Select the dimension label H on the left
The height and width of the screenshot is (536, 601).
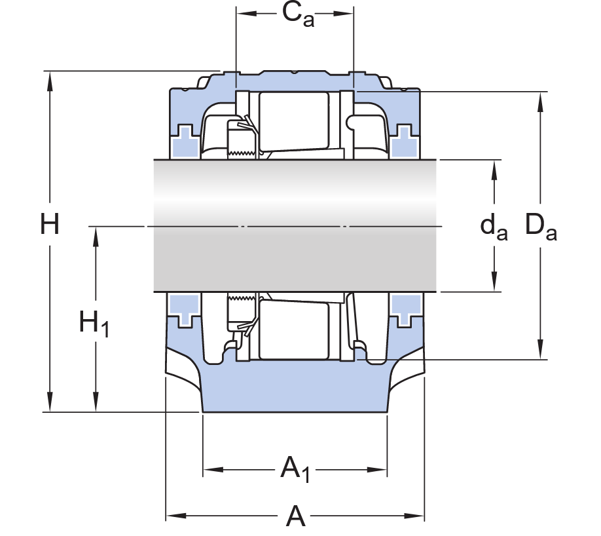[x=50, y=225]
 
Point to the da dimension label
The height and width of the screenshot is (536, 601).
[x=494, y=227]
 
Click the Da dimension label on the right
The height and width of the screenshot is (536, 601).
[x=541, y=227]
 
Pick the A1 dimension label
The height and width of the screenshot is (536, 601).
[x=295, y=469]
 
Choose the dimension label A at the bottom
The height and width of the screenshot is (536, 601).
[x=296, y=517]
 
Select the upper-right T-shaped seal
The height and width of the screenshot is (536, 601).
[x=406, y=140]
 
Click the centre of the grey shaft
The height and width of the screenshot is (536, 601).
[x=296, y=226]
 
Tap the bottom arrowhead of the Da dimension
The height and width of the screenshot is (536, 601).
[x=541, y=350]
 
